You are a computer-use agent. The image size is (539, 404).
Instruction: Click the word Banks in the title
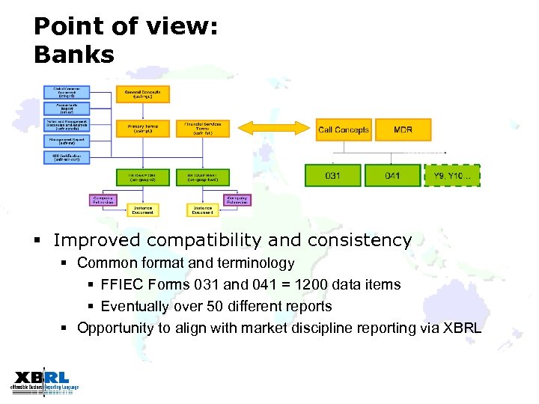tap(74, 55)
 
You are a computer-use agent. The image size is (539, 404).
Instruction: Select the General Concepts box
tap(142, 94)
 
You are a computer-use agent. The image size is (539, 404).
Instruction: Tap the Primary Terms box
tap(142, 129)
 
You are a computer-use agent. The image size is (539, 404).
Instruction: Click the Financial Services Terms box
tap(203, 129)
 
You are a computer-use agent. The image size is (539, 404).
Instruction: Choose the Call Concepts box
tap(343, 129)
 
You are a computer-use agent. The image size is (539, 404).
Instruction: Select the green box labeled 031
tap(333, 176)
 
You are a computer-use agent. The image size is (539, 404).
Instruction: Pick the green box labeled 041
tap(392, 176)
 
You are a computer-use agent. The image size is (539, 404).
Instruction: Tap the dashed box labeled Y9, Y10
tap(452, 176)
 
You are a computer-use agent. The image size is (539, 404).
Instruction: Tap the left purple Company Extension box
tap(103, 200)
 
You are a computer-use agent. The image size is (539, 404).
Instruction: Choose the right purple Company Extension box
tap(237, 200)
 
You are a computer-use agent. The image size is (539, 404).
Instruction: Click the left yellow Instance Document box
tap(142, 210)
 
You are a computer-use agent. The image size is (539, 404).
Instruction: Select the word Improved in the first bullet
tap(95, 241)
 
